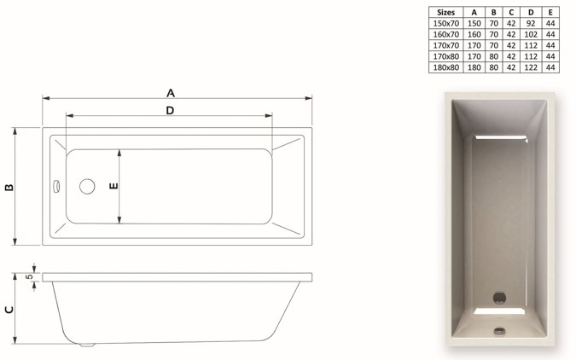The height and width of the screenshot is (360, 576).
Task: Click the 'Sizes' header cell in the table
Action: pyautogui.click(x=445, y=13)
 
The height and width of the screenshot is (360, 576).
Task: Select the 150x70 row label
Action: pyautogui.click(x=445, y=24)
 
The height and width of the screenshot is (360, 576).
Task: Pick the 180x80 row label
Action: pyautogui.click(x=445, y=67)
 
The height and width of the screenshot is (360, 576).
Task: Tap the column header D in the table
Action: pyautogui.click(x=531, y=13)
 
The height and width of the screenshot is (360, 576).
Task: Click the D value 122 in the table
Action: pyautogui.click(x=531, y=67)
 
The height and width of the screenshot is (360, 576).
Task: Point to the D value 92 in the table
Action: pyautogui.click(x=531, y=24)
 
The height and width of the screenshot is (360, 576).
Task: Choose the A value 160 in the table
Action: pyautogui.click(x=474, y=35)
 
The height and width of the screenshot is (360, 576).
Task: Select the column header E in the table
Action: pyautogui.click(x=550, y=13)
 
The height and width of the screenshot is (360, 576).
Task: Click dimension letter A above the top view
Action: pyautogui.click(x=170, y=92)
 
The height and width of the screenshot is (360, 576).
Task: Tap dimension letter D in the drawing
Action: pyautogui.click(x=170, y=110)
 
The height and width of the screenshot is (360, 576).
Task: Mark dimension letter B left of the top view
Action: pyautogui.click(x=9, y=187)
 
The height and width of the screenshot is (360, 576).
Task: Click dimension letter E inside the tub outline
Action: pyautogui.click(x=114, y=185)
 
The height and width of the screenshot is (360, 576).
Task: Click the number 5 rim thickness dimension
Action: pyautogui.click(x=29, y=276)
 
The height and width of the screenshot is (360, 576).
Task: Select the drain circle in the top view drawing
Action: pyautogui.click(x=87, y=186)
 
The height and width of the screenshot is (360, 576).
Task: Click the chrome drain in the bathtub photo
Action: pyautogui.click(x=499, y=298)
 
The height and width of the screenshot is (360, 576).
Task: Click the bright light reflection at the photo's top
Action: pyautogui.click(x=500, y=136)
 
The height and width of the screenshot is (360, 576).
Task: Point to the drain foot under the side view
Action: pyautogui.click(x=84, y=345)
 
